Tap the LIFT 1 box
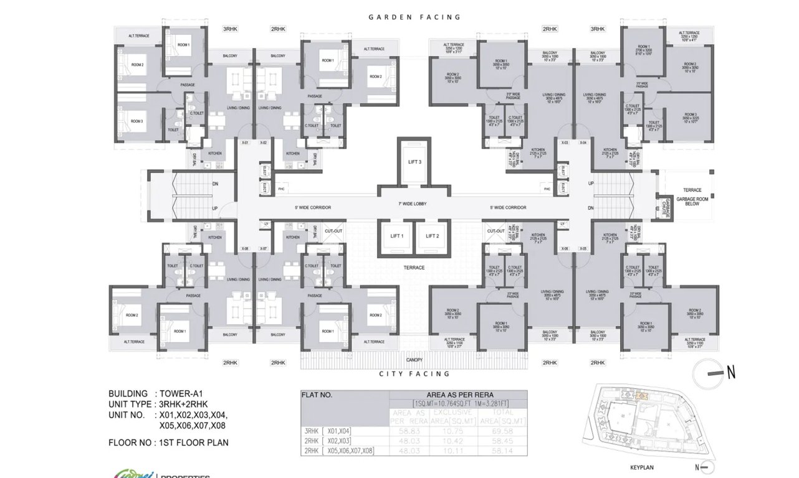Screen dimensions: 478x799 point(397,236)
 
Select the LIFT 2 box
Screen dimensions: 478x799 point(433,236)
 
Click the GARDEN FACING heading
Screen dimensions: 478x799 point(414,17)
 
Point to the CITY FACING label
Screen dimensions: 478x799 point(414,374)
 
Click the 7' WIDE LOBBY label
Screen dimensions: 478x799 point(414,204)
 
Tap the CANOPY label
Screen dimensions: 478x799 point(414,360)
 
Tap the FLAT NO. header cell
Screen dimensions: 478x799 point(318,395)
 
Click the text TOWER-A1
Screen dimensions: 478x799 point(181,394)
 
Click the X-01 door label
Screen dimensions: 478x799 point(245,143)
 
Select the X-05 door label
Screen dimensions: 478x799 point(583,248)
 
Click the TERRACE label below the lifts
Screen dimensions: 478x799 point(414,268)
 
